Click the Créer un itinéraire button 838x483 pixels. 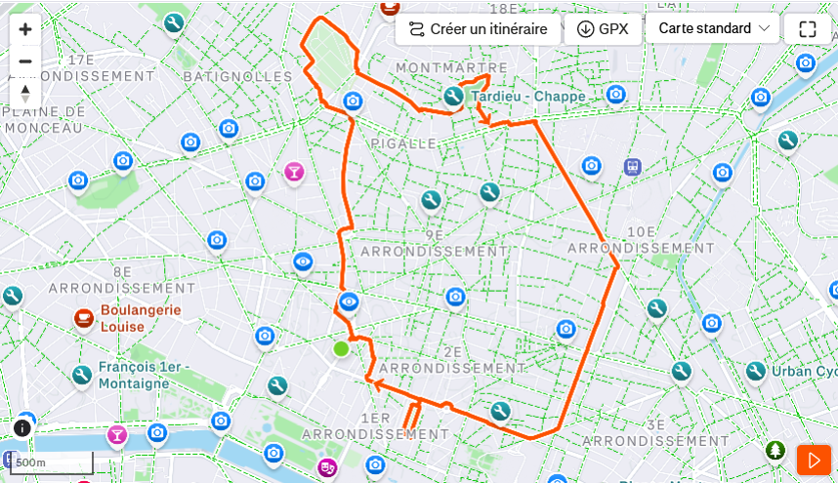click(478, 29)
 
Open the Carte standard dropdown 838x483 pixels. click(713, 28)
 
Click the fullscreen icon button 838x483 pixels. click(807, 29)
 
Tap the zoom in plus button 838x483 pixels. click(25, 29)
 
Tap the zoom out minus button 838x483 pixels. click(25, 61)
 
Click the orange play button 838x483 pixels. click(814, 460)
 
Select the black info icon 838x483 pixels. click(22, 427)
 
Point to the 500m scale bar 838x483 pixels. click(54, 463)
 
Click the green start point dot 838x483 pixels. click(341, 348)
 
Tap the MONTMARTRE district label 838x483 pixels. click(451, 67)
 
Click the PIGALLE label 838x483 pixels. click(403, 143)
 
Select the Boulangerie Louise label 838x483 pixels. click(141, 318)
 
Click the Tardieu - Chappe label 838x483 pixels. click(527, 97)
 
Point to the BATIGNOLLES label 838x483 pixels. click(230, 75)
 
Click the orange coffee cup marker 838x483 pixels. click(84, 317)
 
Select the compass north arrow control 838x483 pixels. click(25, 93)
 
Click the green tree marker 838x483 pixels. click(775, 450)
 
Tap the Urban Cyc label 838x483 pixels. click(804, 371)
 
